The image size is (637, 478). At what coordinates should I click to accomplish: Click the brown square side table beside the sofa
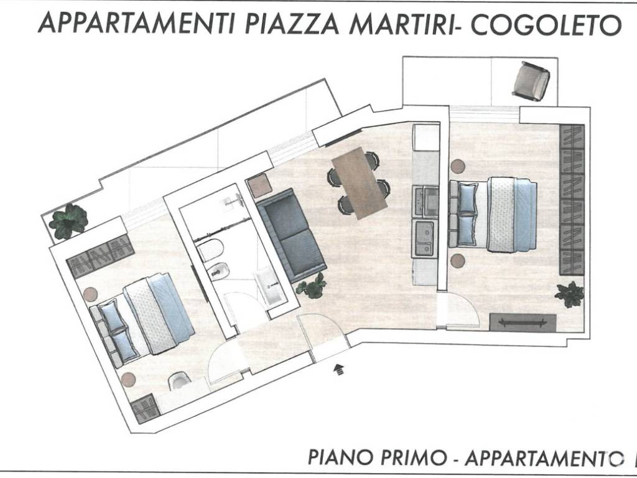[258, 186]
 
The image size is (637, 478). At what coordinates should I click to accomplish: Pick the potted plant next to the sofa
[312, 286]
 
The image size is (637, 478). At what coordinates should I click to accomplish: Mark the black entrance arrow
[340, 370]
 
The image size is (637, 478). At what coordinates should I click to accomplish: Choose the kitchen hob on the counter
[425, 199]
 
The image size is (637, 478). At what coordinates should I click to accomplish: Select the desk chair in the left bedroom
[179, 380]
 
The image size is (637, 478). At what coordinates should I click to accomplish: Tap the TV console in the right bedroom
[523, 322]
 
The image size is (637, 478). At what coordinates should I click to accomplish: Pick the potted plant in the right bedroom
[569, 294]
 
